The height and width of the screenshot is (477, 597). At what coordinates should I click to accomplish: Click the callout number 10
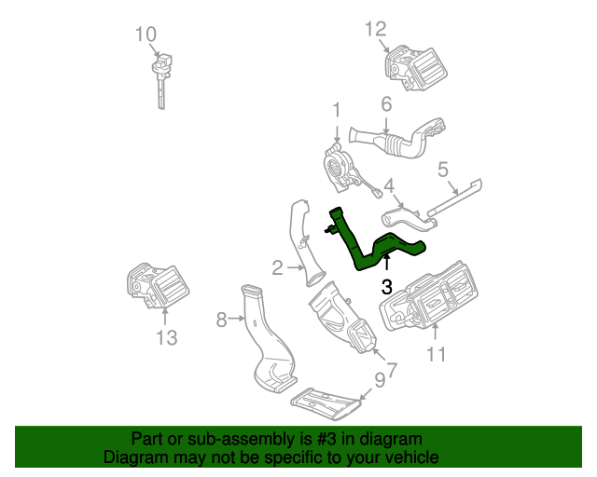point(145,34)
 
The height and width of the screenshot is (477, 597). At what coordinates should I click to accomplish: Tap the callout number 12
point(375,29)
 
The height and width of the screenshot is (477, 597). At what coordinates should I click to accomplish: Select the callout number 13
point(165,337)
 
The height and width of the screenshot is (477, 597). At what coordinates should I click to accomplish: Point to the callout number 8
point(221,320)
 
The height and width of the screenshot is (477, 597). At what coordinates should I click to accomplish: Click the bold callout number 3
point(386,287)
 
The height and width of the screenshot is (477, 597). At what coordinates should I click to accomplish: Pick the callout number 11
point(437,353)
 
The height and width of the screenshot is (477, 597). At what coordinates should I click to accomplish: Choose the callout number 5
point(443,170)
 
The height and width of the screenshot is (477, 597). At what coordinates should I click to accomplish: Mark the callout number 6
point(386,104)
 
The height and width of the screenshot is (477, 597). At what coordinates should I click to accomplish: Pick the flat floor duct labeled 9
point(324,402)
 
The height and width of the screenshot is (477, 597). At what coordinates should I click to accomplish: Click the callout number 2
point(277,268)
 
